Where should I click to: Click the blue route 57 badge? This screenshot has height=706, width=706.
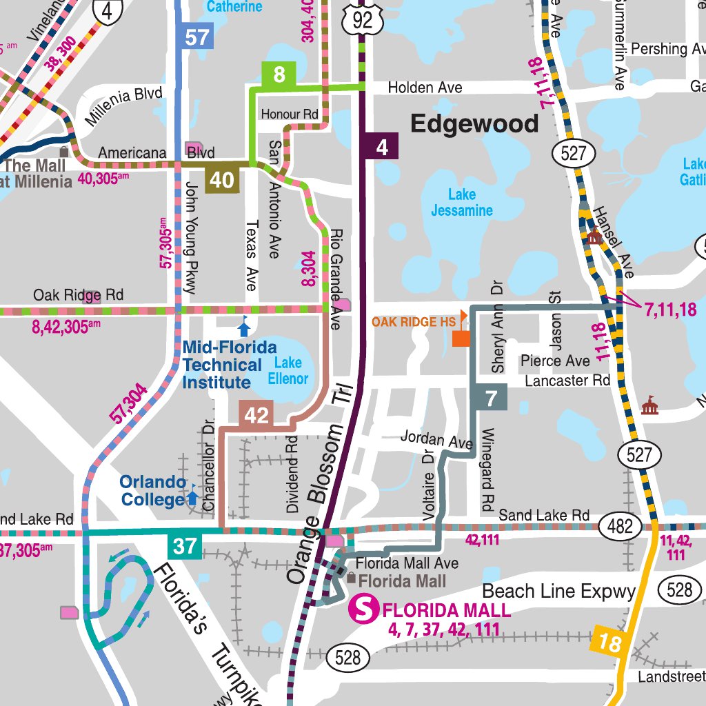pyautogui.click(x=196, y=36)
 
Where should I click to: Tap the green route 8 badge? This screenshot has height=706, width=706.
pyautogui.click(x=279, y=75)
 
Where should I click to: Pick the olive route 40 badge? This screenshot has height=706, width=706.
pyautogui.click(x=221, y=180)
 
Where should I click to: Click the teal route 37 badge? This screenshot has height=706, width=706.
pyautogui.click(x=184, y=547)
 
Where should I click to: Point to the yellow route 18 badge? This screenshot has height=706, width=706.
pyautogui.click(x=609, y=644)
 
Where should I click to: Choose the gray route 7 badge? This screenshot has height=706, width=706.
pyautogui.click(x=490, y=399)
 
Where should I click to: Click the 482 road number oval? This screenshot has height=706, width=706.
pyautogui.click(x=620, y=527)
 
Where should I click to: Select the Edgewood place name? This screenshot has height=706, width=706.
pyautogui.click(x=474, y=124)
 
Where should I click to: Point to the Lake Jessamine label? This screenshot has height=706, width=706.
pyautogui.click(x=461, y=203)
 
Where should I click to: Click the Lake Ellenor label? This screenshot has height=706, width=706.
pyautogui.click(x=288, y=370)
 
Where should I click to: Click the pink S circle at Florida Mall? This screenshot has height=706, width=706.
pyautogui.click(x=365, y=609)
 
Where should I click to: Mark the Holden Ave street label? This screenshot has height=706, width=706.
pyautogui.click(x=425, y=88)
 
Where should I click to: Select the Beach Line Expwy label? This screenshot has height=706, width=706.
pyautogui.click(x=558, y=592)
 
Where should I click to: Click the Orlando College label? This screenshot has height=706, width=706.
pyautogui.click(x=153, y=490)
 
